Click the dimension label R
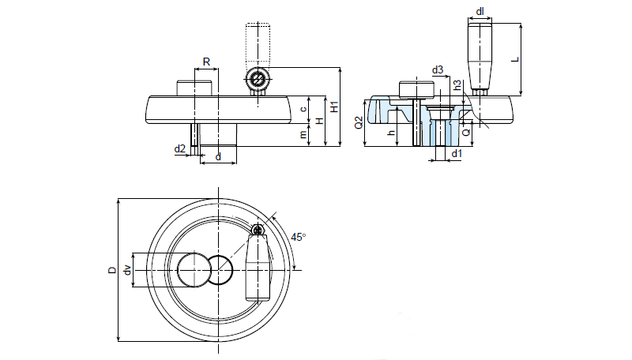coord(205,61)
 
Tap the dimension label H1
coord(333,107)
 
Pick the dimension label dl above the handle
coord(480,11)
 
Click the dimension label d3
coord(437,70)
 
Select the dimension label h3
coord(457,84)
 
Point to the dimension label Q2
coord(358,122)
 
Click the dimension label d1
coord(457,153)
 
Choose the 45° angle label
coord(298,236)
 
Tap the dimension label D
coord(111,270)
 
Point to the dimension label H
coord(318,121)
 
